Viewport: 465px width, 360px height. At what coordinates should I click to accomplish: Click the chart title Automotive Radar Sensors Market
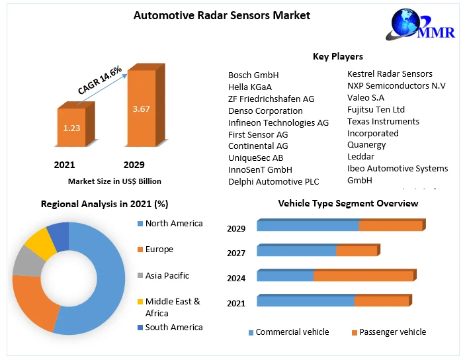tap(222, 15)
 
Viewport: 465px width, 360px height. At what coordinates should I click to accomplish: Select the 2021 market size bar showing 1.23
tap(71, 126)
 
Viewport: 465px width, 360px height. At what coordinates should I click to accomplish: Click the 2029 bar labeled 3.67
tap(141, 107)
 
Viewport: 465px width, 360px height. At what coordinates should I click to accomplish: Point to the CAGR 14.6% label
tap(100, 80)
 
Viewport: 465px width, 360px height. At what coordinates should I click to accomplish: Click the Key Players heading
tap(337, 56)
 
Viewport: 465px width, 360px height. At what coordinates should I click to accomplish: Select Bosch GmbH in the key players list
tap(253, 75)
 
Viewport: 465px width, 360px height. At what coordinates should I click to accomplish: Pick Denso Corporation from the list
tap(265, 111)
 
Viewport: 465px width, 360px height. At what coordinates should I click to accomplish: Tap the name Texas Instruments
tap(383, 121)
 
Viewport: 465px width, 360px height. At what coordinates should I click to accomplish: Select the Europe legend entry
tap(159, 249)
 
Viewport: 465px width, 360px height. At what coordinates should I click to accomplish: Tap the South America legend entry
tap(173, 328)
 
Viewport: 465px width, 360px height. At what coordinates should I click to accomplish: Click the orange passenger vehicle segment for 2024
tap(363, 276)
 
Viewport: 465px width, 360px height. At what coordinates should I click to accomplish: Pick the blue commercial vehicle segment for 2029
tap(308, 226)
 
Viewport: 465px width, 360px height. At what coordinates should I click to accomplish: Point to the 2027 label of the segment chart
tap(236, 253)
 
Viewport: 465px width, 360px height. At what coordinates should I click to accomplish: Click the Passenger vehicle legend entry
tap(392, 332)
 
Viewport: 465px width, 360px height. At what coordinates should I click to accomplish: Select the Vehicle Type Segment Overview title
tap(348, 203)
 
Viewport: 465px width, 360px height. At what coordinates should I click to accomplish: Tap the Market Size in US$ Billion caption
tap(114, 181)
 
